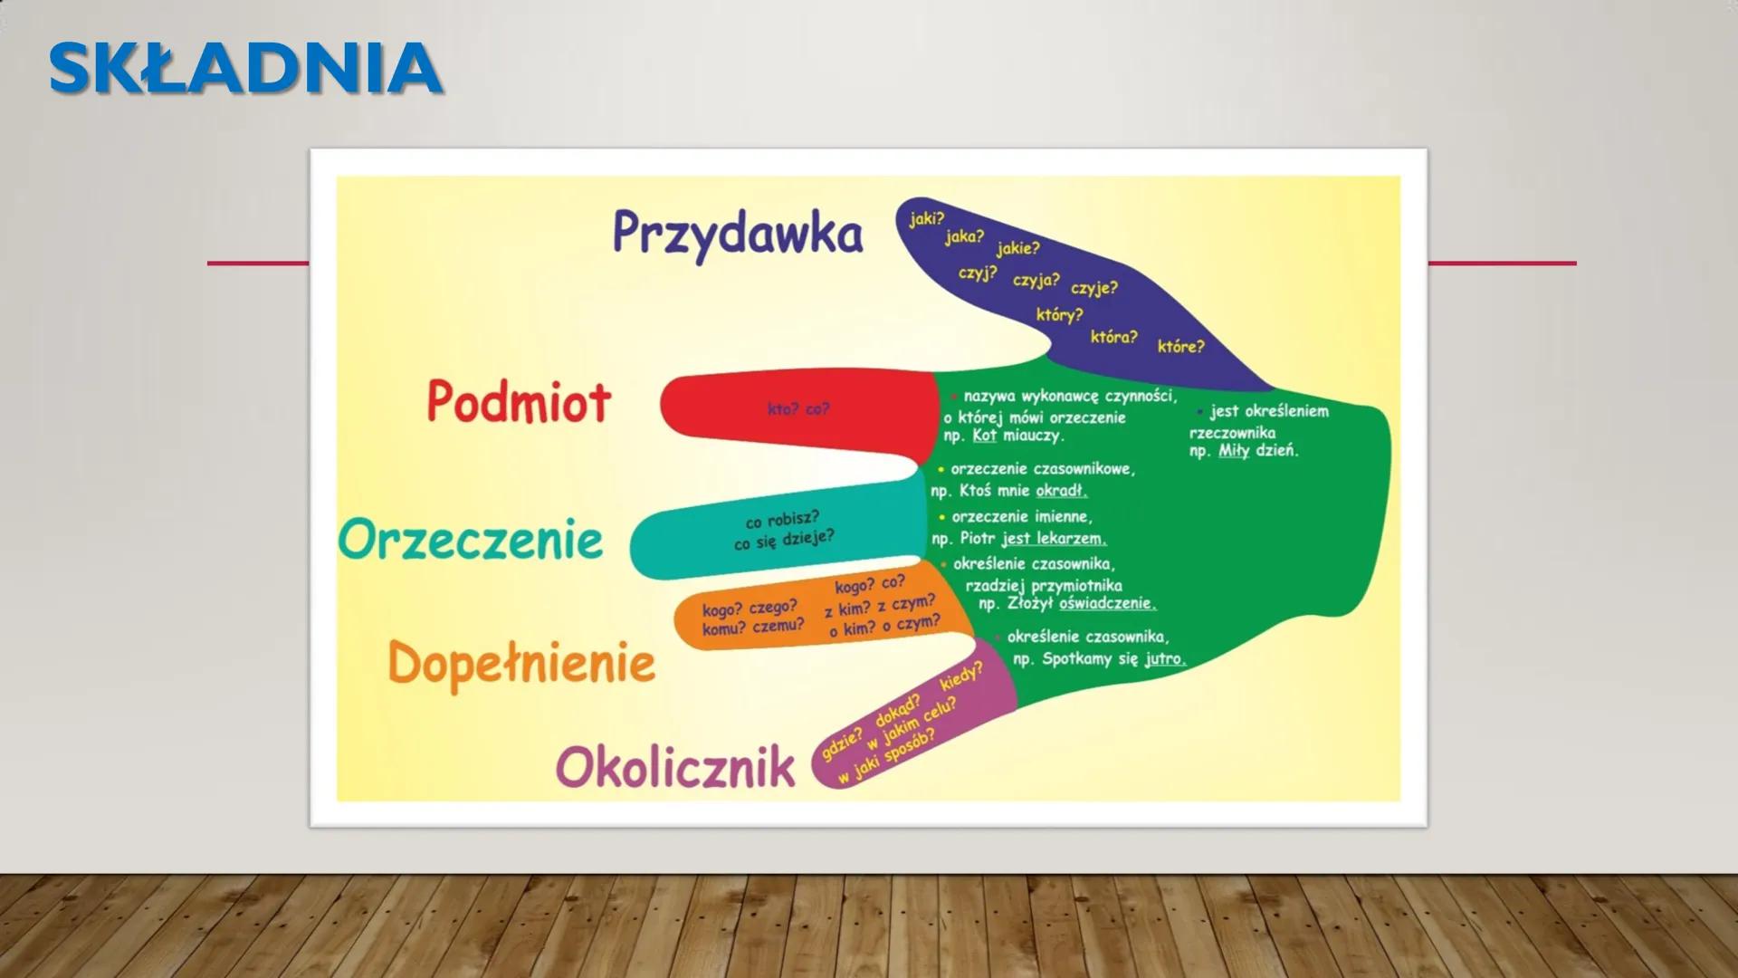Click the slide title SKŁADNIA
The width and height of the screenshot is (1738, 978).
[245, 68]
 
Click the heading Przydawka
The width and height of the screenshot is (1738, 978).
[738, 234]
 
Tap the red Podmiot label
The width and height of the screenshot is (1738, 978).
[519, 401]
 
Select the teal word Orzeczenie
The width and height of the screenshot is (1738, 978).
[471, 540]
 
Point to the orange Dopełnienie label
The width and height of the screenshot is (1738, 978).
[521, 663]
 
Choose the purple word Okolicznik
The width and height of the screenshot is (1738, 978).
[675, 768]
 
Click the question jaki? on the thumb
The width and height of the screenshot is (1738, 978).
[927, 218]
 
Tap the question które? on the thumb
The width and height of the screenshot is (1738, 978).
[1181, 347]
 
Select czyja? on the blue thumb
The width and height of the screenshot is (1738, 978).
[1036, 281]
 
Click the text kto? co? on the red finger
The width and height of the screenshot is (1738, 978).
[798, 409]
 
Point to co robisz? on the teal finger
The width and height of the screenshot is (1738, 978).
[782, 520]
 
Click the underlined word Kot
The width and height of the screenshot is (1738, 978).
[984, 436]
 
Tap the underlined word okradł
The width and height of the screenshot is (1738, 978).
[1062, 491]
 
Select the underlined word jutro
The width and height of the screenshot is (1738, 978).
[1165, 659]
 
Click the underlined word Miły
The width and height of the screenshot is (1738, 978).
[1234, 450]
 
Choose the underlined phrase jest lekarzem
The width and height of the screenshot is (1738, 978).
[1054, 539]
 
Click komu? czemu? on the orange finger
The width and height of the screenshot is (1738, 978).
[753, 627]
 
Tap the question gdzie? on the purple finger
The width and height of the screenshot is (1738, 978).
[842, 744]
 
